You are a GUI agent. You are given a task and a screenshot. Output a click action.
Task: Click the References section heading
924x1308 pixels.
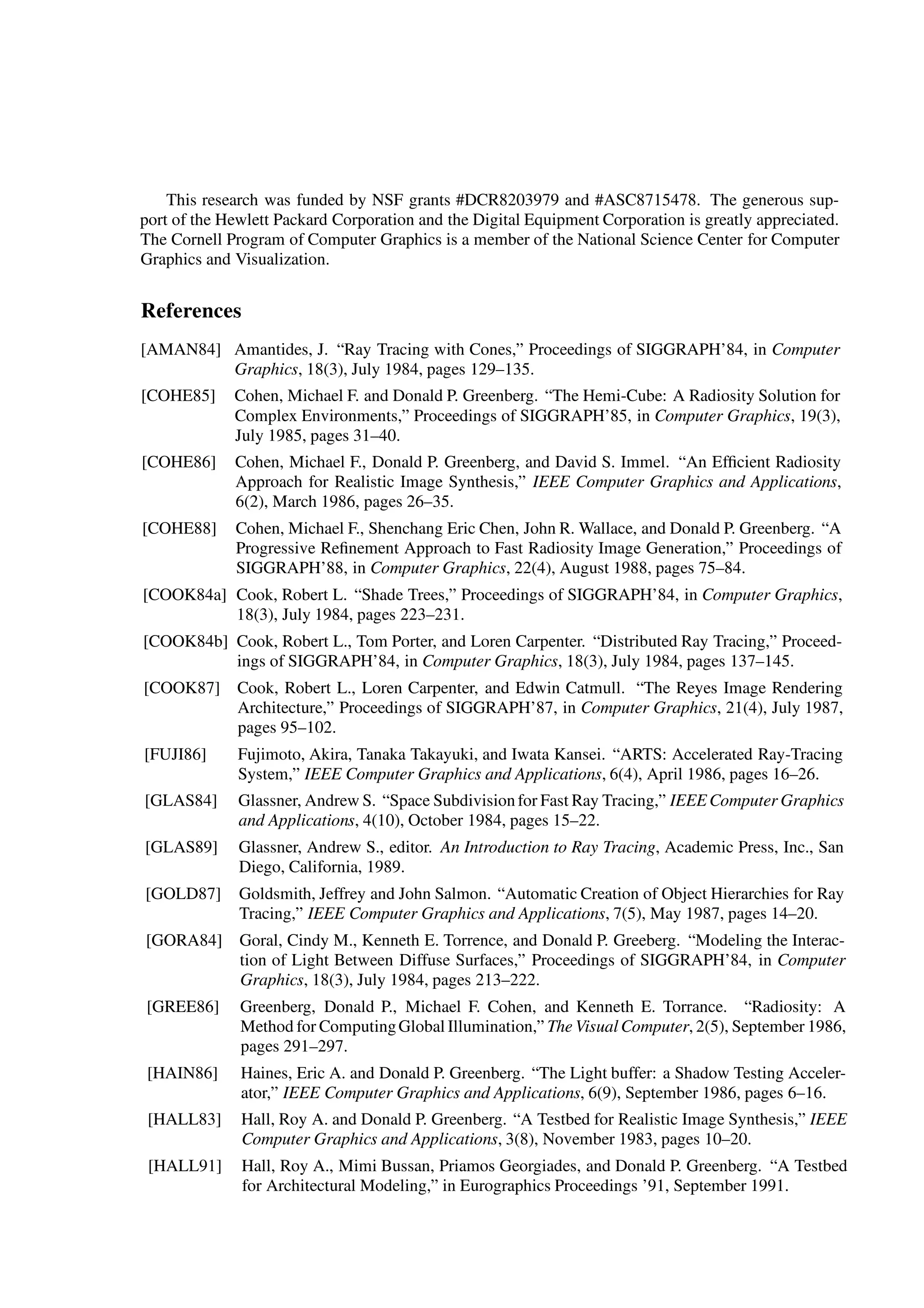tap(191, 311)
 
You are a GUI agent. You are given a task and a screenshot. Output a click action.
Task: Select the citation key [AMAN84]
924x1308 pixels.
tap(180, 349)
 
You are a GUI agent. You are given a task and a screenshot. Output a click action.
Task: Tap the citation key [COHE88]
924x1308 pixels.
tap(179, 529)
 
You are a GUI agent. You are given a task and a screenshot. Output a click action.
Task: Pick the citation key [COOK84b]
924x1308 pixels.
tap(185, 641)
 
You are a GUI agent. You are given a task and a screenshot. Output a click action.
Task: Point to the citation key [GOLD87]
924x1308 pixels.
tap(183, 893)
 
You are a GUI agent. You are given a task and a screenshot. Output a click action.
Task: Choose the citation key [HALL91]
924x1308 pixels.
tap(185, 1166)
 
